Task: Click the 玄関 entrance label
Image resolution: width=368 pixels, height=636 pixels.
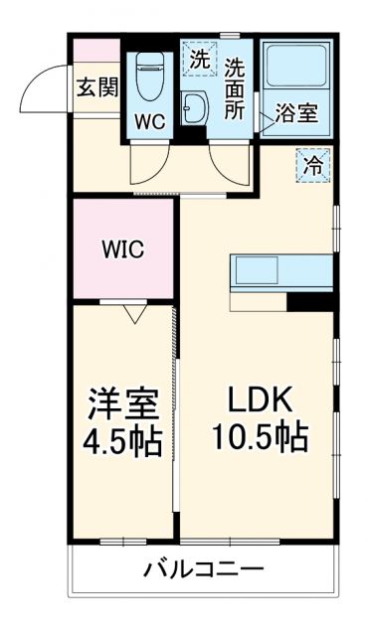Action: point(96,86)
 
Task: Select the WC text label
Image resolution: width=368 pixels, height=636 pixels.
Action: point(151,122)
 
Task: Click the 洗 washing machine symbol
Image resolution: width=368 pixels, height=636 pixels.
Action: point(200,60)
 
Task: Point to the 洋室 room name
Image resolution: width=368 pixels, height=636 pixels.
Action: point(121,405)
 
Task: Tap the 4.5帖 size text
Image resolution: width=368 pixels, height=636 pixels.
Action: point(121,441)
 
